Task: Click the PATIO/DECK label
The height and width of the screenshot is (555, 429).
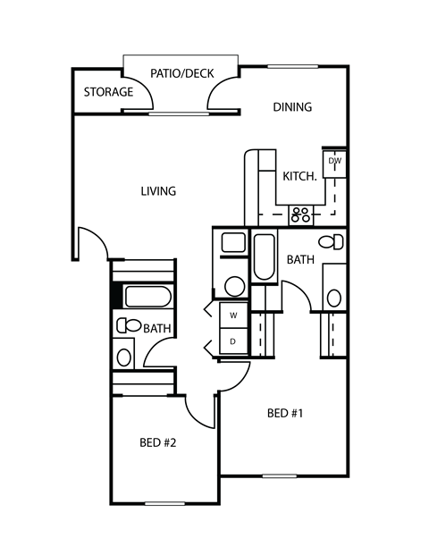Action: [181, 73]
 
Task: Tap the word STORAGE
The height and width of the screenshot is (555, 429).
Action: [108, 92]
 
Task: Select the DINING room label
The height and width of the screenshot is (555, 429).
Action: [292, 107]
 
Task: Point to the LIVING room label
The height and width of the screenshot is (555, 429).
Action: [158, 190]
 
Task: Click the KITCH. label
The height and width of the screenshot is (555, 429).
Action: [300, 176]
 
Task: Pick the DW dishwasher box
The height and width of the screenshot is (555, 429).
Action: [335, 161]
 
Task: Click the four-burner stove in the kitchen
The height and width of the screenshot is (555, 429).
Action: [300, 214]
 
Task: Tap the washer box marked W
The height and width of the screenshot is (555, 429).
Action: [233, 316]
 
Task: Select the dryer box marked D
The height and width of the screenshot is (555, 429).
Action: [233, 341]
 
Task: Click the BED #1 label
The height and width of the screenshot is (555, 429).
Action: [286, 414]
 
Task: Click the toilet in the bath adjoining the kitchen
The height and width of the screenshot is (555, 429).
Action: [332, 242]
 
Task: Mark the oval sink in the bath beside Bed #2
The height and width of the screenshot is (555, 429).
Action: [124, 357]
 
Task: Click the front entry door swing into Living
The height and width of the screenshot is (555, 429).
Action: [94, 241]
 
